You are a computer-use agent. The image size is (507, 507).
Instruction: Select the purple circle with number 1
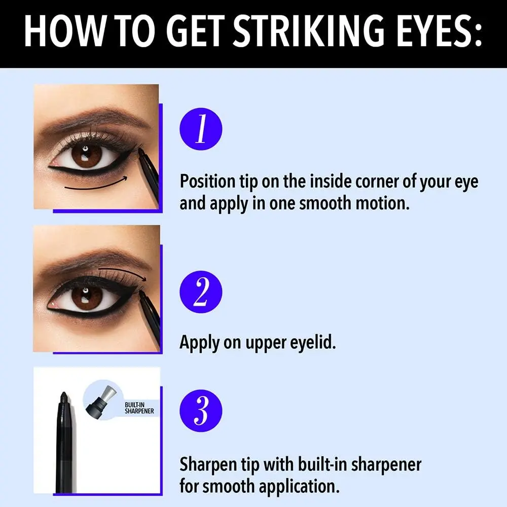pyautogui.click(x=201, y=129)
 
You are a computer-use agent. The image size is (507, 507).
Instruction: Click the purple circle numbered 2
pyautogui.click(x=201, y=292)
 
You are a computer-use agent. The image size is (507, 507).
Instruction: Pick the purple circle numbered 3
pyautogui.click(x=201, y=411)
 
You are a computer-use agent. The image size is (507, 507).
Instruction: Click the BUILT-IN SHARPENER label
pyautogui.click(x=139, y=408)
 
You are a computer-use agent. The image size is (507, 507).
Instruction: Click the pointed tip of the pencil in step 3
pyautogui.click(x=64, y=393)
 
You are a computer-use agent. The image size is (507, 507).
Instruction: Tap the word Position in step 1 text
pyautogui.click(x=207, y=182)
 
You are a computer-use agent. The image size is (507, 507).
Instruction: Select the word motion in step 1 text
pyautogui.click(x=382, y=204)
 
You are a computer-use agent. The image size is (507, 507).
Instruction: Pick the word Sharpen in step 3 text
pyautogui.click(x=208, y=464)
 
